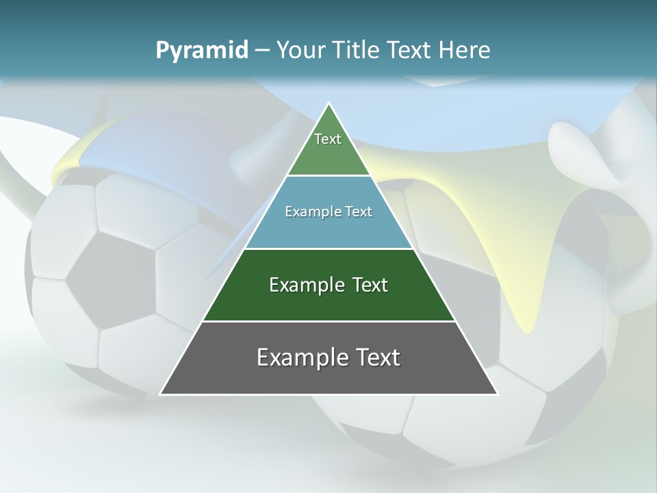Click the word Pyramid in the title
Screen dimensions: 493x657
pyautogui.click(x=202, y=51)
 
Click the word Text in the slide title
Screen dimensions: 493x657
pyautogui.click(x=410, y=51)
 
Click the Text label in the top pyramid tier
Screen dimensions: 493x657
pyautogui.click(x=328, y=139)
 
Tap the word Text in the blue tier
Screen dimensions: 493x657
pyautogui.click(x=359, y=212)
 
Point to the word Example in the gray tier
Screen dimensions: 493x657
pyautogui.click(x=298, y=357)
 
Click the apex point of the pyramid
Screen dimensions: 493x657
pyautogui.click(x=328, y=103)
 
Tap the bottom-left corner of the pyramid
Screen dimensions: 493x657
pyautogui.click(x=160, y=394)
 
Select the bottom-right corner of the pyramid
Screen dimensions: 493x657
pyautogui.click(x=498, y=394)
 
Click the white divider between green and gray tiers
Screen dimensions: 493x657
pyautogui.click(x=328, y=321)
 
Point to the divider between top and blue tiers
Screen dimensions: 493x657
pyautogui.click(x=328, y=176)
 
